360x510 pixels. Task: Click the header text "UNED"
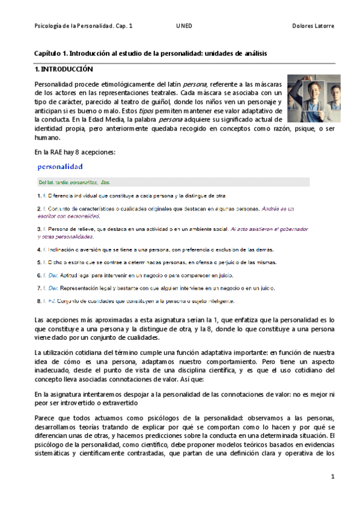pyautogui.click(x=184, y=26)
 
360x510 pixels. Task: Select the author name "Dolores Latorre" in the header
pyautogui.click(x=313, y=26)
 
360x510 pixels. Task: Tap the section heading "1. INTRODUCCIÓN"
pyautogui.click(x=64, y=69)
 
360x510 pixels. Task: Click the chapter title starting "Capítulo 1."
pyautogui.click(x=150, y=54)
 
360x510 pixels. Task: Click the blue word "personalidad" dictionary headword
pyautogui.click(x=60, y=165)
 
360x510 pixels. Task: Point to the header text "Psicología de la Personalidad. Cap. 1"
pyautogui.click(x=84, y=26)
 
